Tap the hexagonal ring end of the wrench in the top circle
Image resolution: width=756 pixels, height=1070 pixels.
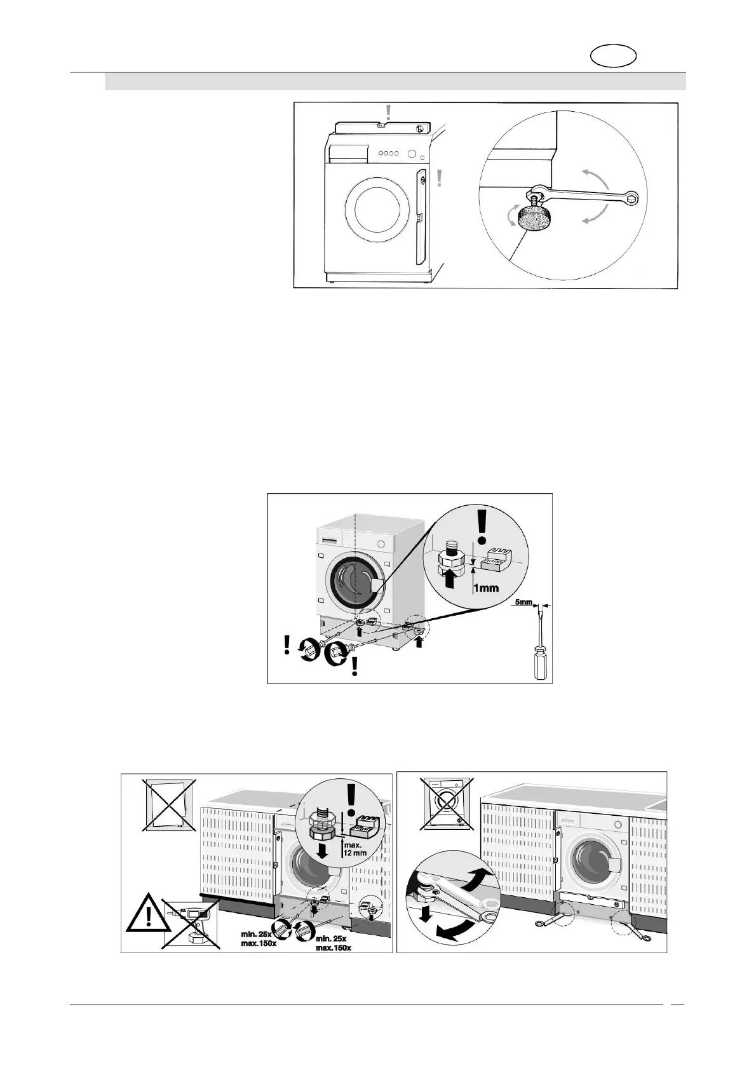633,198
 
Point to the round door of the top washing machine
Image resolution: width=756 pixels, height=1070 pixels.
375,210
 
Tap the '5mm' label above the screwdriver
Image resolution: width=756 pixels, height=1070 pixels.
524,602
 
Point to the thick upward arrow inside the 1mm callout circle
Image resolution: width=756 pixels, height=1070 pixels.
450,579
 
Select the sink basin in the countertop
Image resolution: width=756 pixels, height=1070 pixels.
659,803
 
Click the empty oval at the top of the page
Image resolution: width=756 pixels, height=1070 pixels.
614,56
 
